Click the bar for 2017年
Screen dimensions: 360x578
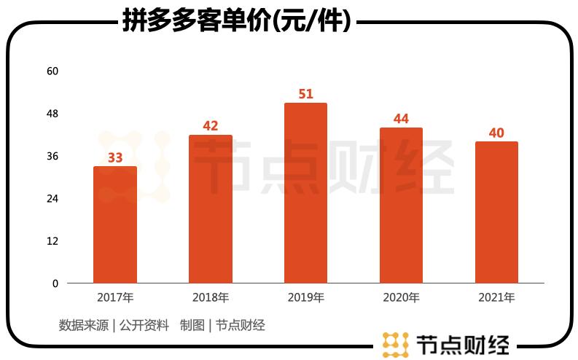pyautogui.click(x=115, y=225)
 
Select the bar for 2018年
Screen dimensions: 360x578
pyautogui.click(x=211, y=209)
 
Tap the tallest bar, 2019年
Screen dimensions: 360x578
pyautogui.click(x=305, y=193)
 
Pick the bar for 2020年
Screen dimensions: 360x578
pyautogui.click(x=401, y=206)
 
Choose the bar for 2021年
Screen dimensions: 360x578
pyautogui.click(x=496, y=213)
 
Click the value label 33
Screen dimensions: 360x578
pyautogui.click(x=115, y=157)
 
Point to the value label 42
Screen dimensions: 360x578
pyautogui.click(x=211, y=126)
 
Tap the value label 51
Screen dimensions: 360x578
pyautogui.click(x=306, y=94)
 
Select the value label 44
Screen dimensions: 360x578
pyautogui.click(x=401, y=119)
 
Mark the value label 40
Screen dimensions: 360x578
pyautogui.click(x=496, y=133)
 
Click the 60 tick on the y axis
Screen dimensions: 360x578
pyautogui.click(x=52, y=71)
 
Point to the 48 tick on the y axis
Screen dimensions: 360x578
pyautogui.click(x=52, y=114)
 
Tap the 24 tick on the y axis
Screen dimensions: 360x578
pyautogui.click(x=52, y=198)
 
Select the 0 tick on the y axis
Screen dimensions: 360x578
pyautogui.click(x=55, y=283)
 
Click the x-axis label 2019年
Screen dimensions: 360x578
pyautogui.click(x=305, y=297)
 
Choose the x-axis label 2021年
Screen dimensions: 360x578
pyautogui.click(x=496, y=297)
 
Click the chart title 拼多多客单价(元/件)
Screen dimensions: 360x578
pyautogui.click(x=236, y=22)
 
